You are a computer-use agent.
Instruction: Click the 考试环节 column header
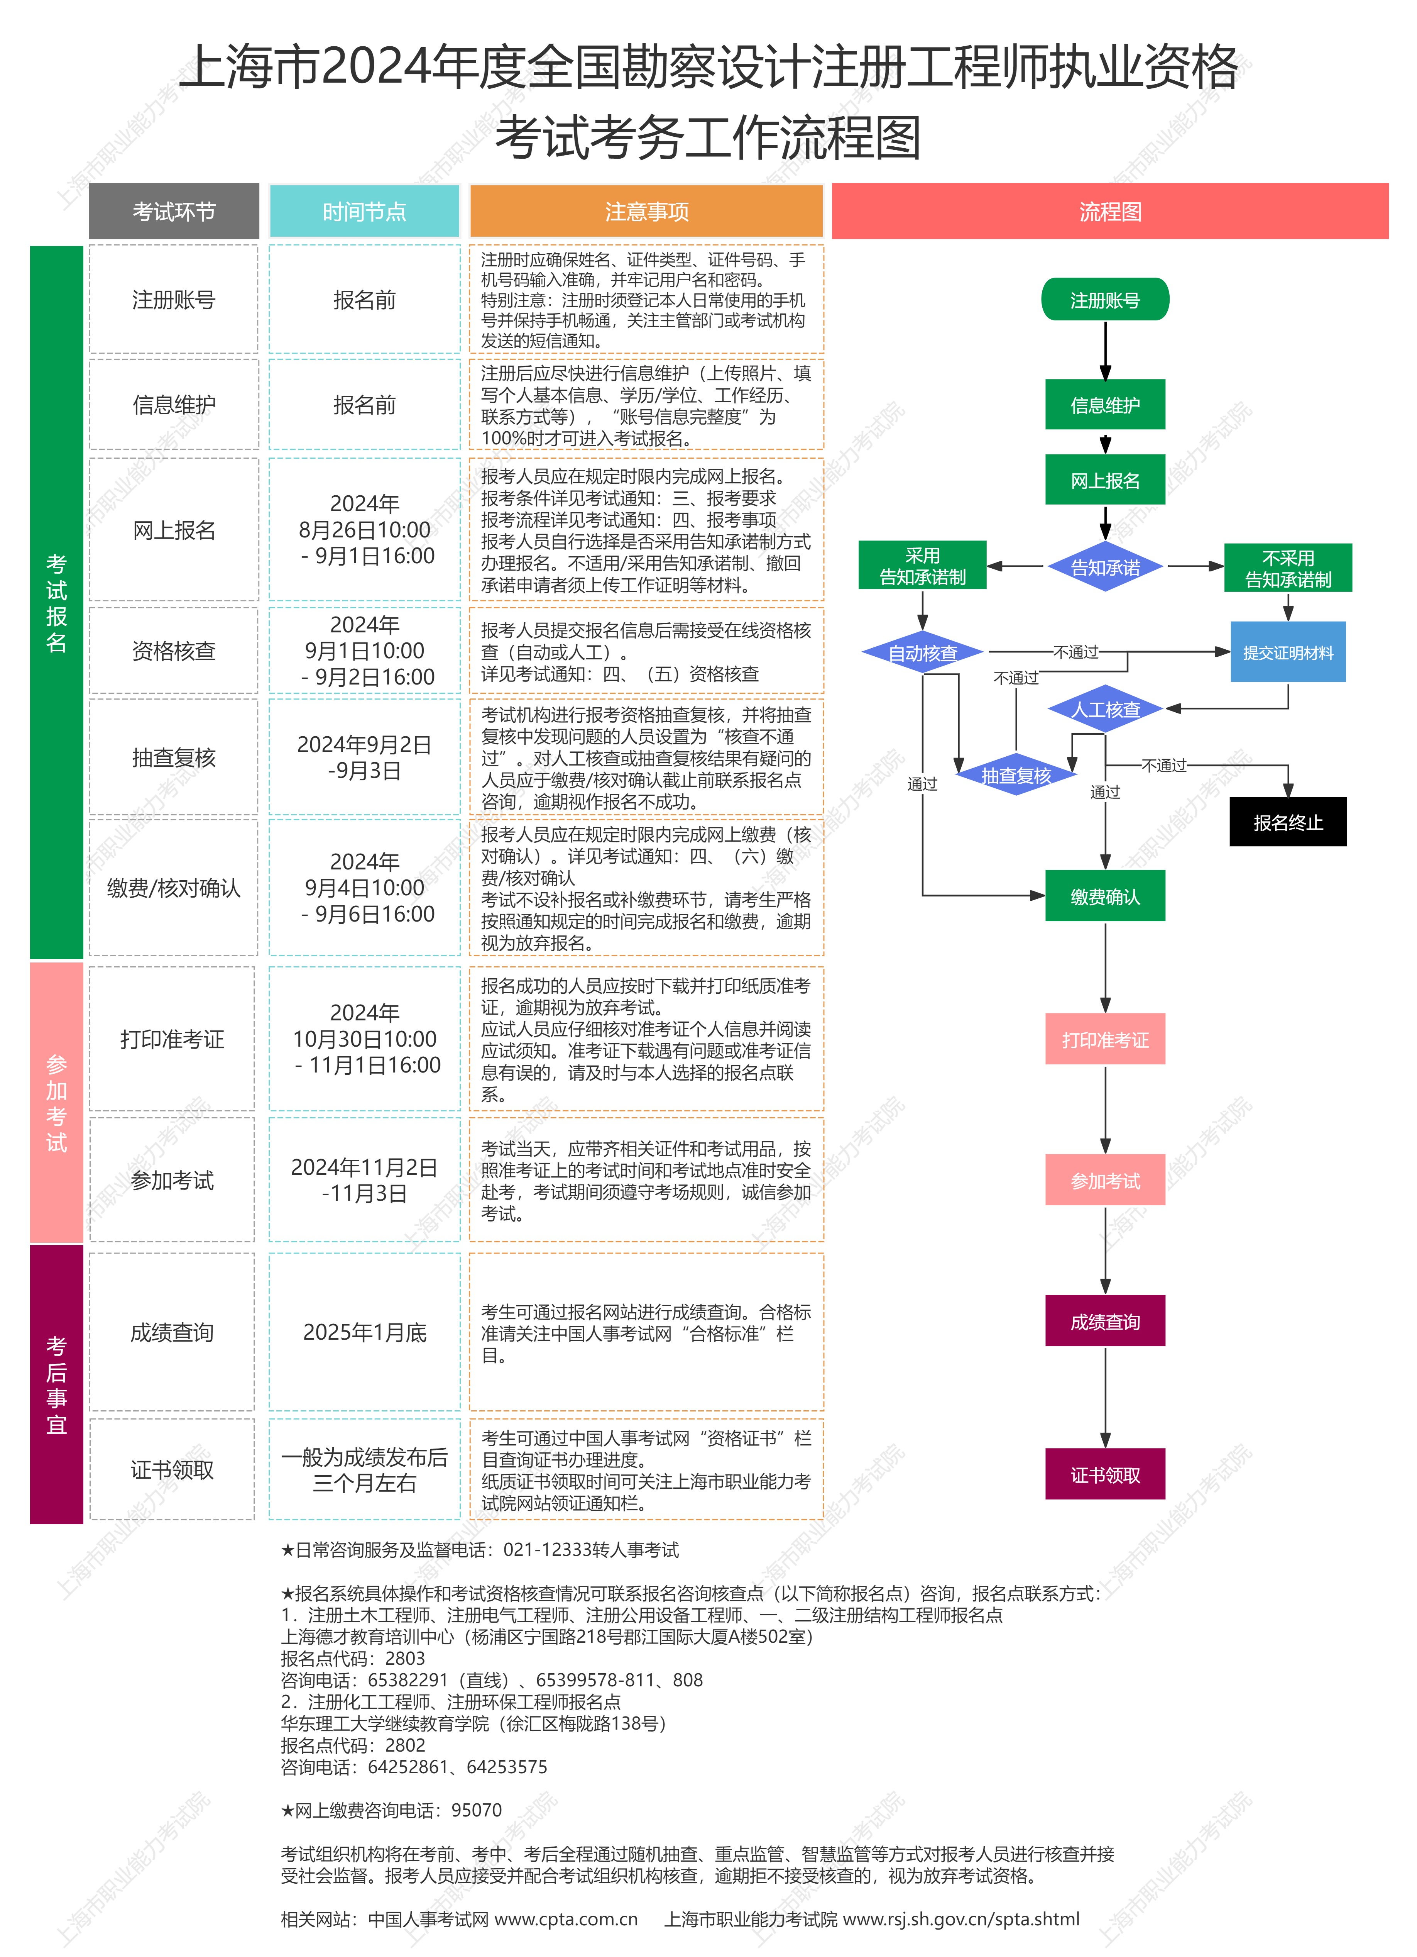click(173, 212)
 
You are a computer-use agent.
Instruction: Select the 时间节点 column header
click(364, 212)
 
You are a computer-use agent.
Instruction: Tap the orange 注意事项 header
click(646, 212)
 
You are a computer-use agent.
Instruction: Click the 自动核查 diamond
click(923, 653)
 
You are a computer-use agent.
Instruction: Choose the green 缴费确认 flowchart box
click(1105, 896)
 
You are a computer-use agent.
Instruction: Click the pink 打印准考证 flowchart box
click(1105, 1040)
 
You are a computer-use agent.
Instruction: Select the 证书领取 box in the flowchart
click(1105, 1475)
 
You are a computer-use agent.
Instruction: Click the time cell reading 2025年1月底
click(364, 1332)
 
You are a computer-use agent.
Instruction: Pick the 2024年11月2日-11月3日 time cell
click(364, 1179)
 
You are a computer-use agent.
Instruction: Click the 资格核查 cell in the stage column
click(173, 651)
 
